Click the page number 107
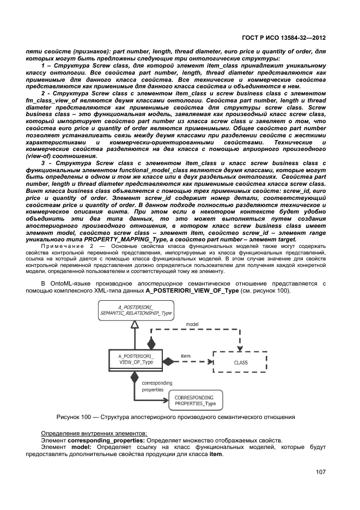tap(320, 472)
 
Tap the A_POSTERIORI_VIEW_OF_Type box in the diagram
tap(129, 361)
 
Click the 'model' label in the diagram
tap(192, 324)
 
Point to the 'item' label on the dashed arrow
tap(186, 356)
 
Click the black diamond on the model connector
tap(151, 344)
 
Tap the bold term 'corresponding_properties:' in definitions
tap(99, 440)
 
